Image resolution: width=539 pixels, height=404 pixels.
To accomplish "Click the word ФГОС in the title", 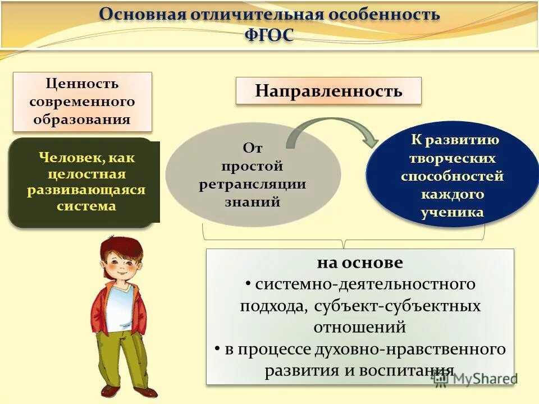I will [269, 34].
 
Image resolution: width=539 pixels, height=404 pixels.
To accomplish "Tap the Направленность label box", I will [328, 91].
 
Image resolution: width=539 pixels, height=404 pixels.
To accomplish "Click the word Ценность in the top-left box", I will [82, 84].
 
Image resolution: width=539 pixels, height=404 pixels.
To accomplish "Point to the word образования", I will [82, 119].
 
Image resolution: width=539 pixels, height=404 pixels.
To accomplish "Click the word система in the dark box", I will [86, 206].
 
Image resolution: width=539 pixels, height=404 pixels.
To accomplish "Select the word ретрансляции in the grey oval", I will [253, 184].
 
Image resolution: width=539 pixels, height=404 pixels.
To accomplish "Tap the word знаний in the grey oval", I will [253, 202].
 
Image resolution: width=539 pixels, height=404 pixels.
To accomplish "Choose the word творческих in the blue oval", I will [452, 158].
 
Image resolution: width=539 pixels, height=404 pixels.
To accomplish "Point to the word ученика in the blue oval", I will [452, 213].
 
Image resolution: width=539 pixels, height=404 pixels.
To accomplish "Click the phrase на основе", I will [360, 263].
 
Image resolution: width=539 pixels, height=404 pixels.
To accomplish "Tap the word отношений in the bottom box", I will [360, 327].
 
